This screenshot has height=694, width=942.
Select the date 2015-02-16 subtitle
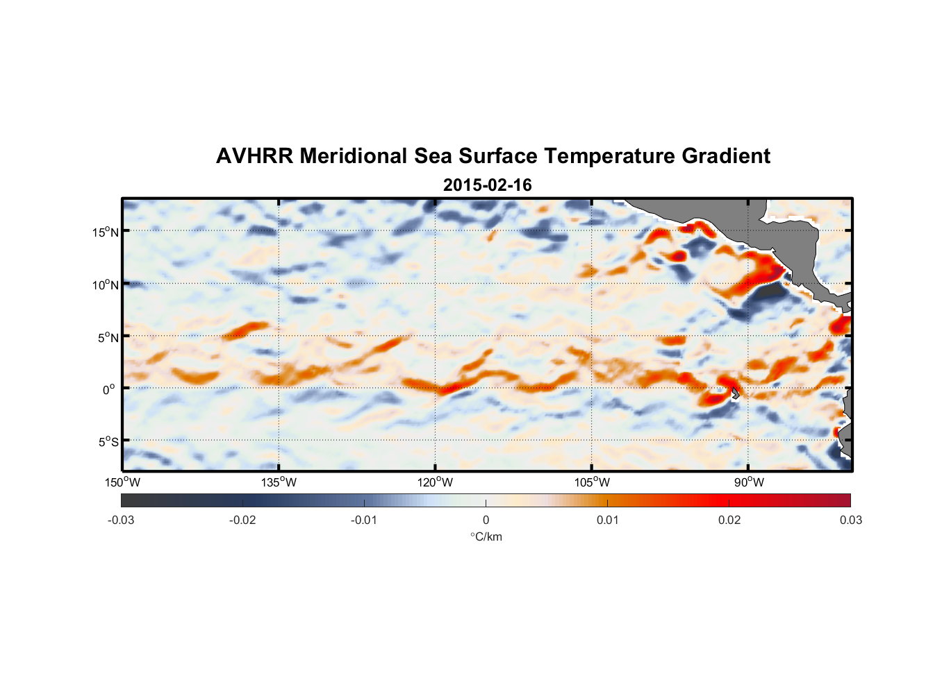point(487,185)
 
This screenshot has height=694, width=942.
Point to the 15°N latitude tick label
point(105,232)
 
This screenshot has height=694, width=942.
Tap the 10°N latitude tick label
point(105,285)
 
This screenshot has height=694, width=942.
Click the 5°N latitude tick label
point(108,337)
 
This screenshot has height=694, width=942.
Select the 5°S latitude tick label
point(108,442)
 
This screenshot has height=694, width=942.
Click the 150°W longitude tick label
point(122,482)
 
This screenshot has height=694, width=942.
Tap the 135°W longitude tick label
point(279,482)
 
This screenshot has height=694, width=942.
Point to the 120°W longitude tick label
point(435,482)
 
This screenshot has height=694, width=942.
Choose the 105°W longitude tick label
point(592,482)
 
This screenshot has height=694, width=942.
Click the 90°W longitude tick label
point(749,482)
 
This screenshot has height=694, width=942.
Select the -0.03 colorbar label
point(121,520)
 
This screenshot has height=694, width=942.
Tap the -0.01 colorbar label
point(364,520)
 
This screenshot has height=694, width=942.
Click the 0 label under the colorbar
point(486,520)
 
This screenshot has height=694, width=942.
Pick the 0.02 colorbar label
point(729,520)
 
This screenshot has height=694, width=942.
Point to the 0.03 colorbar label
point(850,520)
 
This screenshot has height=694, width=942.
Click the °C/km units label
point(486,536)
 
